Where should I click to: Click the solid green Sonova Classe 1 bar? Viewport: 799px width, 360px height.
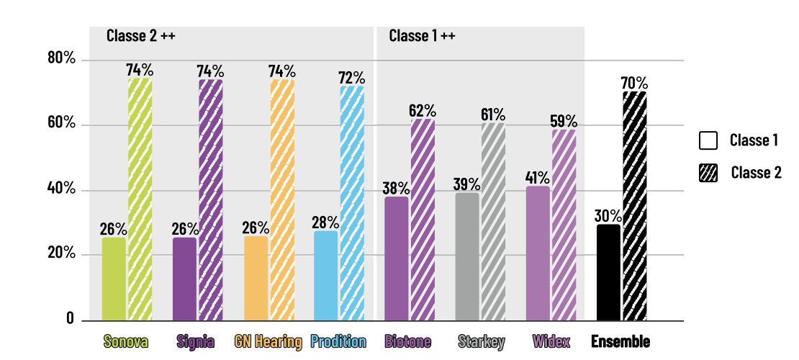tap(114, 279)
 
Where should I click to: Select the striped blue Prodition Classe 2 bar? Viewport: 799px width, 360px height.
tap(351, 203)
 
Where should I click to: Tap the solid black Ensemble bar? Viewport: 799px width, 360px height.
tap(608, 272)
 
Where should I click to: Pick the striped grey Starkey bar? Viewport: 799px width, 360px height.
tap(493, 221)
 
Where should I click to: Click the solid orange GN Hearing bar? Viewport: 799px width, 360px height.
tap(256, 278)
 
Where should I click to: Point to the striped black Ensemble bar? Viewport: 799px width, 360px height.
tap(634, 206)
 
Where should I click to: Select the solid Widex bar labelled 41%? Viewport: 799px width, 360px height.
tap(538, 253)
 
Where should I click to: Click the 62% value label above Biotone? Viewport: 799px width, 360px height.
tap(423, 111)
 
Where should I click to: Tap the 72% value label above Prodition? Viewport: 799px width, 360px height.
tap(352, 78)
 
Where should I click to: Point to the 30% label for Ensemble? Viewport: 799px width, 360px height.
tap(608, 216)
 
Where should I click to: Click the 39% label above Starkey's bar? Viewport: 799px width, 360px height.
tap(467, 184)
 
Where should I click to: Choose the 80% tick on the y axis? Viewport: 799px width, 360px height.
tap(61, 59)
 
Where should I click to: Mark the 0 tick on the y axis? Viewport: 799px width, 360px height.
tap(70, 319)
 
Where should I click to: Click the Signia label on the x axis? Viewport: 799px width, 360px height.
tap(195, 341)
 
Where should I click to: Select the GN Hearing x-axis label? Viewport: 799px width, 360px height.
tap(268, 341)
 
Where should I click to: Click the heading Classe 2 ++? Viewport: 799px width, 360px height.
tap(140, 35)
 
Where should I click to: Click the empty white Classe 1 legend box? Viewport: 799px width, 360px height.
tap(708, 140)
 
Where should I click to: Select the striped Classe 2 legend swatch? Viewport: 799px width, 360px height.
tap(708, 173)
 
